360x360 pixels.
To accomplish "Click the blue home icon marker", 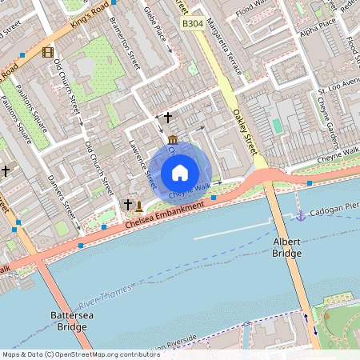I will point(180,171).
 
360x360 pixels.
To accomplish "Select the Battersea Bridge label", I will point(67,321).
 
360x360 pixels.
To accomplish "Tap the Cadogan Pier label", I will point(333,210).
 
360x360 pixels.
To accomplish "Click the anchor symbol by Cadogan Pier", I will point(301,216).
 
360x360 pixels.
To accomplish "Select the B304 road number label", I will point(192,25).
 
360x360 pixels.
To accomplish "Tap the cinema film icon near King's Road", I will point(49,53).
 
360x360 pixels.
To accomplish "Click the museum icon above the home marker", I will point(173,141).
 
